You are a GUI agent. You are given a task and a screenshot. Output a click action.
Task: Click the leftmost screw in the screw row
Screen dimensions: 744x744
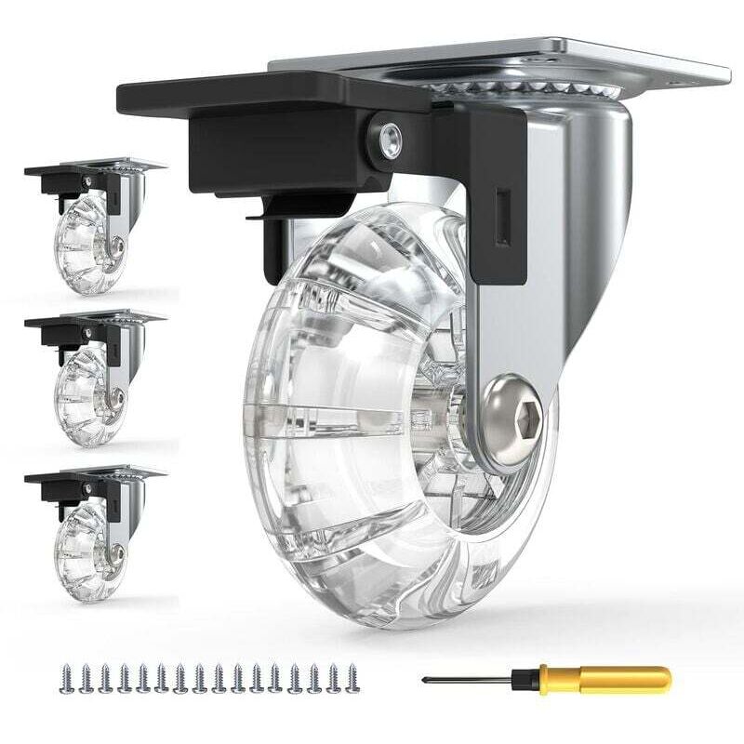(63, 678)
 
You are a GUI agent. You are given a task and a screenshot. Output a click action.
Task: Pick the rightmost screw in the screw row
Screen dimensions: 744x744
(352, 678)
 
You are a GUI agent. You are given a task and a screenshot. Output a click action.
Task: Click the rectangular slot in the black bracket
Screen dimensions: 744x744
(502, 219)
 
